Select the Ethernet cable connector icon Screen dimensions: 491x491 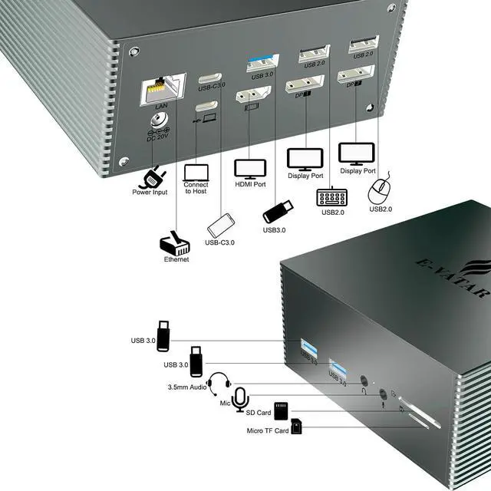[x=173, y=243]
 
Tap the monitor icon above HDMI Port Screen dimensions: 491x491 [x=249, y=168]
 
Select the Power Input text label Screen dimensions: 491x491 [x=149, y=193]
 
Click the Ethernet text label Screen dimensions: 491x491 [x=176, y=259]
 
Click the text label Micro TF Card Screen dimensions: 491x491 [x=267, y=430]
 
